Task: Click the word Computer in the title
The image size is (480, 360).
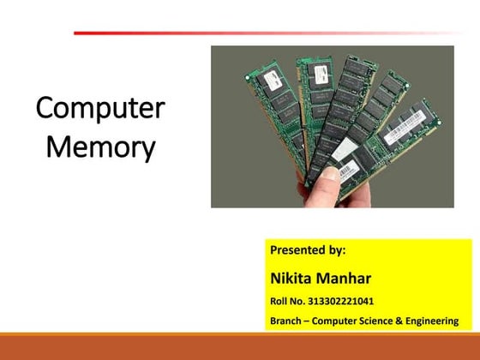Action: coord(101,111)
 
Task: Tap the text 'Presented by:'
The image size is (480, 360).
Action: coord(308,251)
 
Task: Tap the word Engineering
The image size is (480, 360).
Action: coord(431,321)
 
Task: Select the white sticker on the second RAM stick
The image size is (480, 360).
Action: coord(311,74)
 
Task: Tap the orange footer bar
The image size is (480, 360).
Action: coord(240,346)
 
